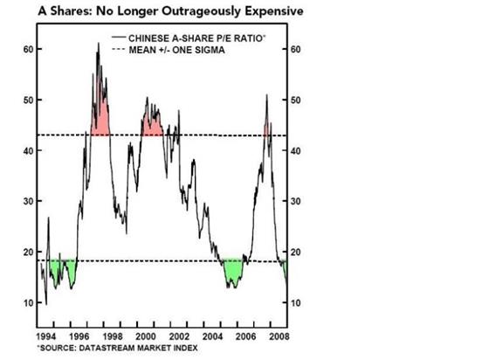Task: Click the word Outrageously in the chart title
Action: (x=202, y=12)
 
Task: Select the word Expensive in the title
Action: (x=274, y=11)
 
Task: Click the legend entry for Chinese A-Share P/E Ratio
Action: (x=189, y=38)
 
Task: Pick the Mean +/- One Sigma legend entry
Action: (x=169, y=50)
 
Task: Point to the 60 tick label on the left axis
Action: (x=28, y=49)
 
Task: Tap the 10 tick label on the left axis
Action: (x=28, y=302)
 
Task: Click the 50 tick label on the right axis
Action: (x=296, y=100)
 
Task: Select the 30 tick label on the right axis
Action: (x=296, y=201)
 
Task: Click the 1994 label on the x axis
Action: (x=45, y=336)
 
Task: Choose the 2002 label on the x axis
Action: (x=179, y=336)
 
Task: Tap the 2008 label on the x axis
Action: (x=279, y=336)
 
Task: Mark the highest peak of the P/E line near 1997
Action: (x=99, y=43)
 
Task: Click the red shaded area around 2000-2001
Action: (x=152, y=128)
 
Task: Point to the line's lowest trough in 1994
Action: (x=46, y=304)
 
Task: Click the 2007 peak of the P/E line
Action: (x=266, y=94)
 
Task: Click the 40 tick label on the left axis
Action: (x=28, y=150)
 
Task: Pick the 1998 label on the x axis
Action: (x=113, y=336)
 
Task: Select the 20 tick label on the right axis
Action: (x=296, y=252)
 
